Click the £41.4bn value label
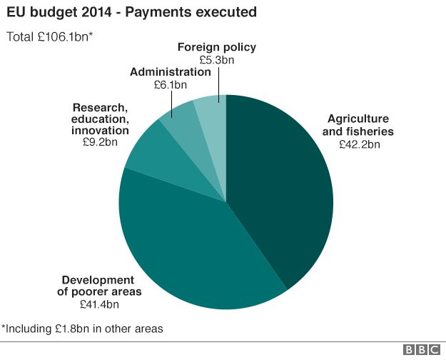98,304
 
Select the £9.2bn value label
101,142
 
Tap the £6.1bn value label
171,84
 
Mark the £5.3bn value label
217,60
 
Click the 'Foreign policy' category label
217,48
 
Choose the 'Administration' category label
171,72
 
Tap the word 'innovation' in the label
101,131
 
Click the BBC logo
421,349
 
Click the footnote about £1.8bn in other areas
82,329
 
